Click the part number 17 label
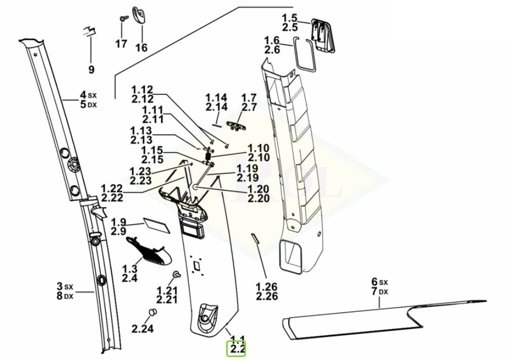(x=121, y=44)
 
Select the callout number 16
(x=141, y=48)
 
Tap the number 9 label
(x=91, y=70)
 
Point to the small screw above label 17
(x=123, y=18)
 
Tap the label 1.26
(x=267, y=287)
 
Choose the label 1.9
(x=119, y=222)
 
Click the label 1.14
(x=216, y=97)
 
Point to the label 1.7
(x=249, y=97)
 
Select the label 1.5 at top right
(x=289, y=18)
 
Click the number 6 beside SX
(x=374, y=281)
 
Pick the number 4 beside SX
(x=83, y=94)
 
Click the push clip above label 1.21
(x=177, y=274)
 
